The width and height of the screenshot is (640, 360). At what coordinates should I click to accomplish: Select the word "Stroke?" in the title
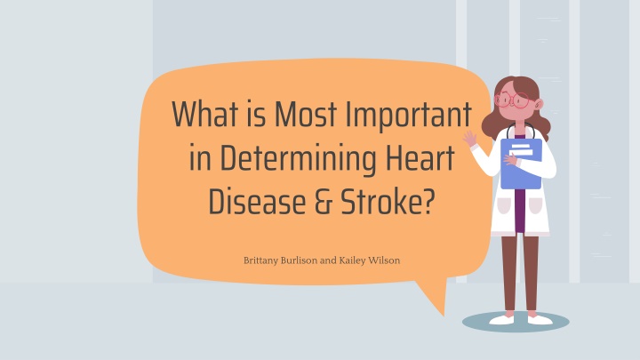382,201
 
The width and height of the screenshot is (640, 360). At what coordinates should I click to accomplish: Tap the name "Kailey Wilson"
370,261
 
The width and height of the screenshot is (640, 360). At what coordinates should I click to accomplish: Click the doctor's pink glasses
515,100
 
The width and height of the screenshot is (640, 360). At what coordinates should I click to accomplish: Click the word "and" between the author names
327,261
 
